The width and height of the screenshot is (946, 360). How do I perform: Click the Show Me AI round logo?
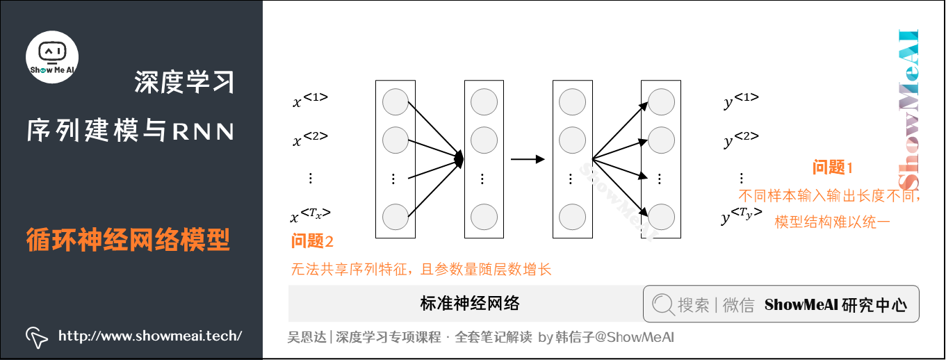pos(52,57)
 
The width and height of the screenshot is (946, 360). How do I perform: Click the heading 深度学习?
pos(184,83)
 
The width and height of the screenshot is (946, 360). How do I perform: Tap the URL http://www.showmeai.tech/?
pos(150,336)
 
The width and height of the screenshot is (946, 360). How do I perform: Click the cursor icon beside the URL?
pos(36,337)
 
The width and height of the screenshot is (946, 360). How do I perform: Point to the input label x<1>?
pos(310,101)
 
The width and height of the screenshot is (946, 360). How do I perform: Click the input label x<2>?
pos(310,140)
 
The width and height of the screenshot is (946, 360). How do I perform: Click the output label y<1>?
pos(741,101)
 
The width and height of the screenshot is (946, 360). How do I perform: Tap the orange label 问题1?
pos(832,167)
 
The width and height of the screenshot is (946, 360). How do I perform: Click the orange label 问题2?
pos(312,242)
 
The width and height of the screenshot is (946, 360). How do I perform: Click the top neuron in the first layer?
pos(395,103)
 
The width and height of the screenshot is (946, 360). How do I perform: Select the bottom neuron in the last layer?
pos(661,216)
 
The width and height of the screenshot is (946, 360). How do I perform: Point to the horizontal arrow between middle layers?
pos(528,159)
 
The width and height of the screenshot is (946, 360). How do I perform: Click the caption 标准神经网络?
pos(470,303)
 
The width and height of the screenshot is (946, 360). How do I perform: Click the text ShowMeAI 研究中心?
pos(835,304)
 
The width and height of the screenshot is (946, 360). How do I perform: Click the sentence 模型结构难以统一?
pos(832,222)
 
